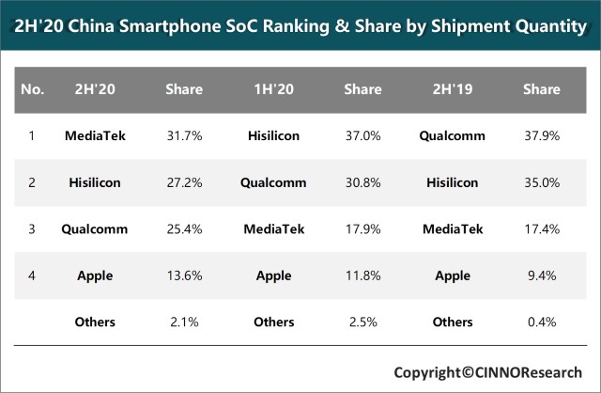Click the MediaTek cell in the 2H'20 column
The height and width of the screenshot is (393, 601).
point(95,135)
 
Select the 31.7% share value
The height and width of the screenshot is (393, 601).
point(184,135)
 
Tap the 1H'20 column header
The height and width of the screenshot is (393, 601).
point(273,89)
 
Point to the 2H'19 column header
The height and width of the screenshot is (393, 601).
point(452,89)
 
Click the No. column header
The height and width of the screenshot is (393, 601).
point(32,89)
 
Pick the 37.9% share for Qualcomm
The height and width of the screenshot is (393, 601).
point(541,135)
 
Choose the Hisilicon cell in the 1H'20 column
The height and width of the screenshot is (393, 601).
point(273,135)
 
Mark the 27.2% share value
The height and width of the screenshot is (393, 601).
point(184,181)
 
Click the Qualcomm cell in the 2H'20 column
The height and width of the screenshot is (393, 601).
point(95,228)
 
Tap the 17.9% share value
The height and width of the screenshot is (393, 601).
point(362,228)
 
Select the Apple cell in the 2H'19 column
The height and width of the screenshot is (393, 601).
point(452,275)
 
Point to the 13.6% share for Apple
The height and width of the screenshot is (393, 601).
point(184,275)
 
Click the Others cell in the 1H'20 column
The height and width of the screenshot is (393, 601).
point(273,322)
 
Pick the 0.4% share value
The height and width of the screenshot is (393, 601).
point(541,322)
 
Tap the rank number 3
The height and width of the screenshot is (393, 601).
point(32,228)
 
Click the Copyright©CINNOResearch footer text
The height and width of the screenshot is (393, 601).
point(487,371)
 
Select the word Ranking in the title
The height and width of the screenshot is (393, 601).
point(311,27)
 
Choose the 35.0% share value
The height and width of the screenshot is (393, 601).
point(541,181)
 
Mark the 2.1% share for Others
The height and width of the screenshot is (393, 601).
point(184,322)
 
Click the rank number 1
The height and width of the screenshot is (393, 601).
point(32,135)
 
